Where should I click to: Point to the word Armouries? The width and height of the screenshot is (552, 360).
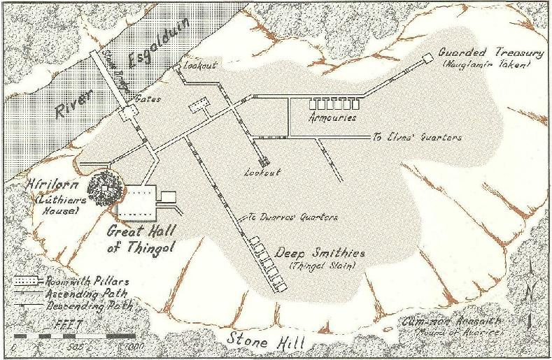click(x=332, y=118)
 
